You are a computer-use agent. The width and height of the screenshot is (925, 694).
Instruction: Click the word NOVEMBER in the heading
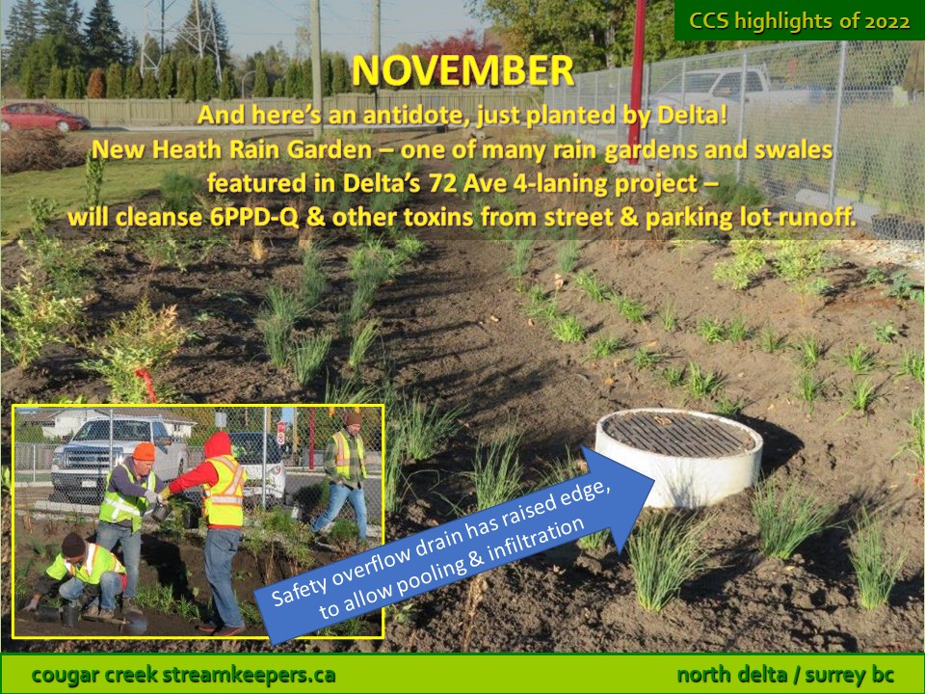(x=462, y=70)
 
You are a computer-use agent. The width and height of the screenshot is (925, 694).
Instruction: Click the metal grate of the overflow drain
(x=678, y=434)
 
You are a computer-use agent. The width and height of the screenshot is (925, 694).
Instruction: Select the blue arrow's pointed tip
(x=653, y=479)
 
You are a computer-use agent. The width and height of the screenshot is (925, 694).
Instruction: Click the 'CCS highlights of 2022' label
(x=800, y=21)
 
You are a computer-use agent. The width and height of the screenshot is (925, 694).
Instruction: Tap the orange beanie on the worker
(x=144, y=451)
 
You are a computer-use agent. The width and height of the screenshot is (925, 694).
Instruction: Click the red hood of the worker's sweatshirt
(x=218, y=445)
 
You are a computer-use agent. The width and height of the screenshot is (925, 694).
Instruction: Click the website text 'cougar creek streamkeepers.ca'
(x=183, y=675)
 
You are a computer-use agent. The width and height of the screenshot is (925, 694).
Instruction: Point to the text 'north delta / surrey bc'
(x=785, y=675)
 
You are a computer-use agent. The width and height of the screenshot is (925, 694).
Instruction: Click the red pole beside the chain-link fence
(x=637, y=83)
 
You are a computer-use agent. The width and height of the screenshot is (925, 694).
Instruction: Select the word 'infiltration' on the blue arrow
(x=536, y=543)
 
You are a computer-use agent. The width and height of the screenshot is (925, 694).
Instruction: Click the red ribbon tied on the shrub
(x=145, y=383)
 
